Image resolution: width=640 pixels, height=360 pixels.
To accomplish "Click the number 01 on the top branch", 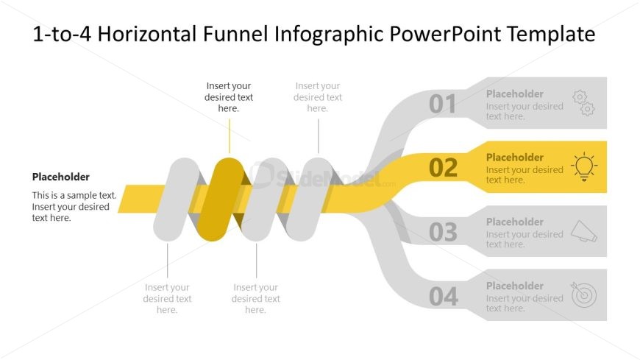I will pos(443,105).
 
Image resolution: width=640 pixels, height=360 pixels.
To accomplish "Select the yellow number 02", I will pos(443,168).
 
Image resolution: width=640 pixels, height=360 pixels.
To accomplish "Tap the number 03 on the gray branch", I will pos(443,233).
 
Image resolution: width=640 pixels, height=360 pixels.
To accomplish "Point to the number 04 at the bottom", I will pos(443,297).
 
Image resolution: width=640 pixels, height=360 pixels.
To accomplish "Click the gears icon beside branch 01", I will pos(583,103).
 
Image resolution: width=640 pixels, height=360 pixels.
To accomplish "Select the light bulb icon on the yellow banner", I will pos(583,167).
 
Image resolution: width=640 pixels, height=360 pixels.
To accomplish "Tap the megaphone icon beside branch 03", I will pos(583,231).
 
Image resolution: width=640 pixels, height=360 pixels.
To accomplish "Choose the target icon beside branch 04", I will pos(583,295).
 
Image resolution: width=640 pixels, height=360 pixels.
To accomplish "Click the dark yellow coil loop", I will pos(223,199).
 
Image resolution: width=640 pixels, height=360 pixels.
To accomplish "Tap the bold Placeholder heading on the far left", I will pos(61,177).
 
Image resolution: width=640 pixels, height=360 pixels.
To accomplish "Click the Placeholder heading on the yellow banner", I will pos(515,157).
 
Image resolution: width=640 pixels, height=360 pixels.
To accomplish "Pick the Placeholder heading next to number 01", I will pos(515,93).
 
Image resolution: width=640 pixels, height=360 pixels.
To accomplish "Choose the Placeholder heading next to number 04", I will pos(515,286).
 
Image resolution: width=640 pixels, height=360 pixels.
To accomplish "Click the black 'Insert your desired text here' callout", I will pos(229,97).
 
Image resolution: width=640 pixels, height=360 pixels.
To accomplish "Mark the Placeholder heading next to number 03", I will pos(515,222).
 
